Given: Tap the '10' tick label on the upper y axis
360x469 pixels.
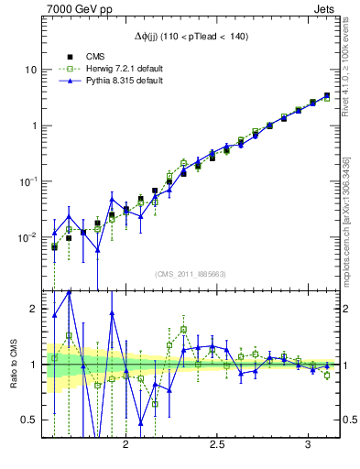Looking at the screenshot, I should coord(31,70).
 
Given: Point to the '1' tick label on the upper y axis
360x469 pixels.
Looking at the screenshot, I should coord(34,125).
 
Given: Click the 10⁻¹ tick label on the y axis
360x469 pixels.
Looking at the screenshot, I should coord(27,180).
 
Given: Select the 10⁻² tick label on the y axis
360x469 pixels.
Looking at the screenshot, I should coord(27,237).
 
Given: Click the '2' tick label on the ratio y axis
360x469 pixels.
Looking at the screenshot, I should coord(34,310).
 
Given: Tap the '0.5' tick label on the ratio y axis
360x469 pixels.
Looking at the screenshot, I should coord(29,420).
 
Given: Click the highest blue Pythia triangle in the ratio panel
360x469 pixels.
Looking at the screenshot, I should coord(69,292).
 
